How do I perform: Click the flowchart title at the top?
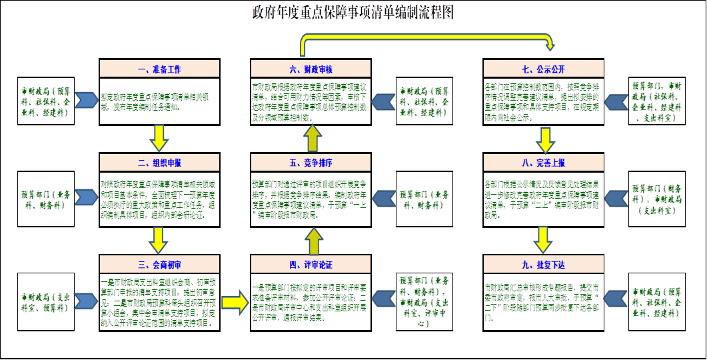pyautogui.click(x=353, y=13)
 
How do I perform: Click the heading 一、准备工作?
pyautogui.click(x=159, y=69)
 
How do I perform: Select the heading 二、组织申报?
pyautogui.click(x=159, y=162)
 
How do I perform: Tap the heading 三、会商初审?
pyautogui.click(x=159, y=263)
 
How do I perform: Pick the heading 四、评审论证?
pyautogui.click(x=311, y=263)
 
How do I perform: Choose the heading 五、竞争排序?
pyautogui.click(x=311, y=162)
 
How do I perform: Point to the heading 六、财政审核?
pyautogui.click(x=311, y=69)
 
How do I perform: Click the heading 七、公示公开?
pyautogui.click(x=544, y=69)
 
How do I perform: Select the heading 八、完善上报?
pyautogui.click(x=544, y=162)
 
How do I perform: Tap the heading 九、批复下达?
pyautogui.click(x=544, y=263)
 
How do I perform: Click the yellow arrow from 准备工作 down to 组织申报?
pyautogui.click(x=159, y=138)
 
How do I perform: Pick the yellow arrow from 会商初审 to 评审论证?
pyautogui.click(x=235, y=302)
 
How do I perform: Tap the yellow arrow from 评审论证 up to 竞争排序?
pyautogui.click(x=314, y=239)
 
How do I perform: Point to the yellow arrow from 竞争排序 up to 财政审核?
pyautogui.click(x=314, y=138)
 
